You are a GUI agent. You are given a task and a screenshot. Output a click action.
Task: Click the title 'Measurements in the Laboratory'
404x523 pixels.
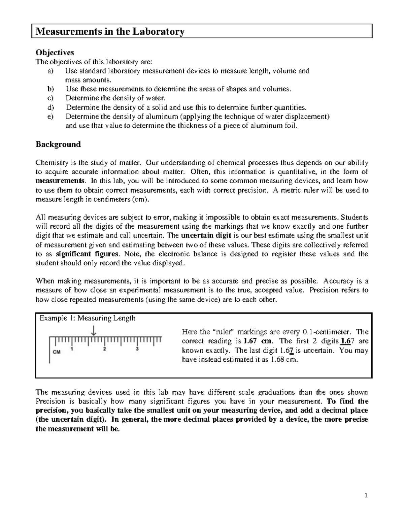110,32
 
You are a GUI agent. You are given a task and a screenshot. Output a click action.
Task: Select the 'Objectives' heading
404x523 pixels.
55,53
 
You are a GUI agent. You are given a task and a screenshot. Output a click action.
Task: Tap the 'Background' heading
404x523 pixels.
58,144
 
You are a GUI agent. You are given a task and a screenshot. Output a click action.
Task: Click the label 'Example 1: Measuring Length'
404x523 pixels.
88,318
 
